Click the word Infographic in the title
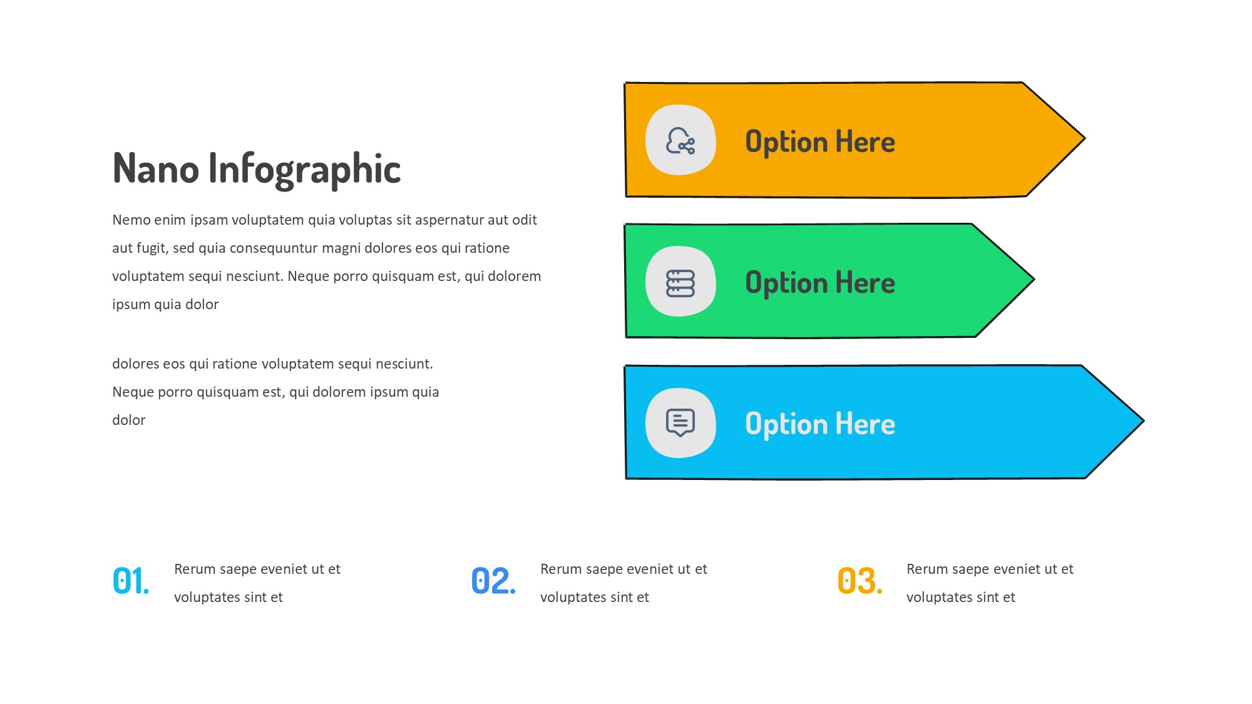(x=305, y=170)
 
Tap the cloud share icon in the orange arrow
(x=680, y=141)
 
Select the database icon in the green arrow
(x=680, y=283)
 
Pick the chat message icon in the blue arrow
(x=680, y=423)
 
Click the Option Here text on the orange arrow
(x=820, y=142)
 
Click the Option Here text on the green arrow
(x=820, y=283)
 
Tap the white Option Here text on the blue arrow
(x=820, y=424)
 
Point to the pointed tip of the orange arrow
(x=1084, y=138)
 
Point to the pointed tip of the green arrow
(x=1034, y=279)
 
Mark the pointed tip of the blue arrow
(x=1143, y=421)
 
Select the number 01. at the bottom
(x=131, y=581)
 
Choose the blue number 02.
(x=493, y=581)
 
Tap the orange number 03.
(x=860, y=581)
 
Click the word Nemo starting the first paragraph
(x=131, y=220)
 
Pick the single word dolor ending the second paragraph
(x=129, y=420)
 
